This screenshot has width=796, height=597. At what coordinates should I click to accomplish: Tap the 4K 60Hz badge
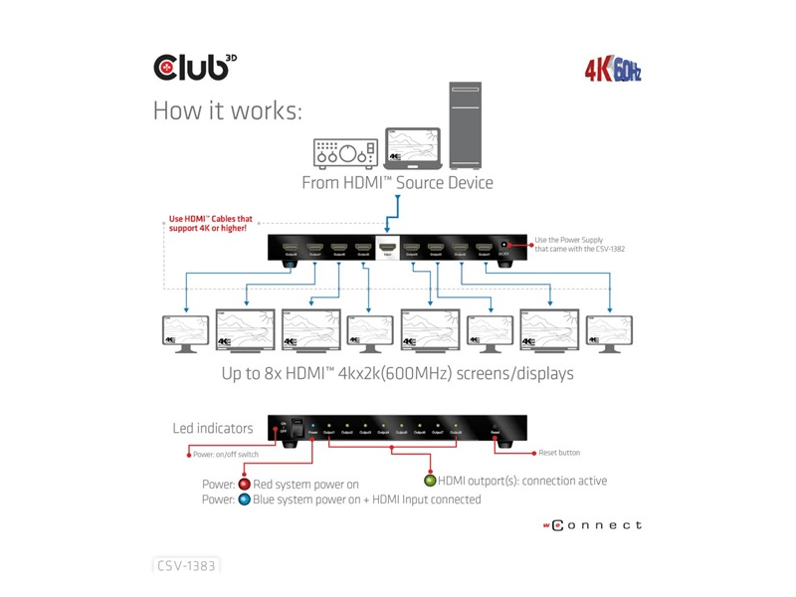tap(612, 71)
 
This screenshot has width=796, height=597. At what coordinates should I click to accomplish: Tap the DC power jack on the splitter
tap(506, 246)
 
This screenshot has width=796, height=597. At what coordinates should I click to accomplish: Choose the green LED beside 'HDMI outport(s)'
tap(430, 481)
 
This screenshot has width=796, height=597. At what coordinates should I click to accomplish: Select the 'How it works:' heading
tap(227, 110)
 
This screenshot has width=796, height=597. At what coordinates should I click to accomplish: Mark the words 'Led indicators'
tap(212, 429)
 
